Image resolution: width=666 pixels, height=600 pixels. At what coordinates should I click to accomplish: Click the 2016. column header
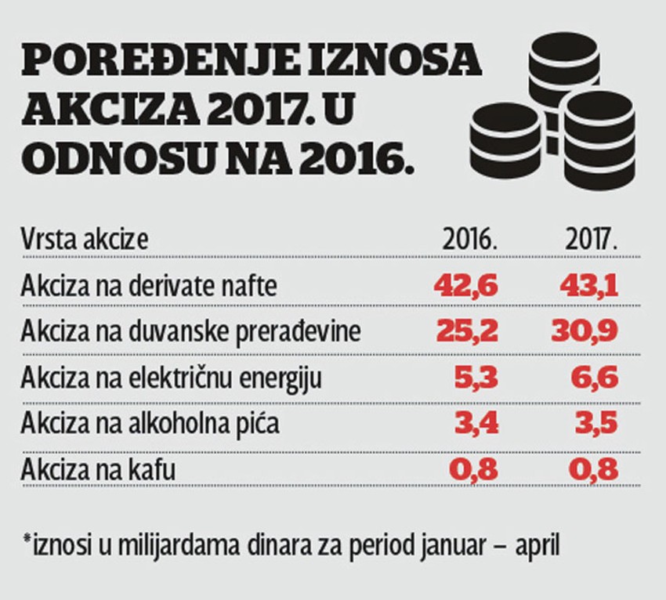pos(470,239)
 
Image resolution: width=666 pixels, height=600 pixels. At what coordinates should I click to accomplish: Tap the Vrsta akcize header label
pos(85,239)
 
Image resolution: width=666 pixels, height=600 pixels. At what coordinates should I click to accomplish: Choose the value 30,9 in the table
pos(588,331)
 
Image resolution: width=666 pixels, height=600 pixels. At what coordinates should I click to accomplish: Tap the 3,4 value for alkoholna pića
pos(476,424)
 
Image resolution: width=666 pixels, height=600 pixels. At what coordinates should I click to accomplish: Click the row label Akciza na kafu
pos(99,470)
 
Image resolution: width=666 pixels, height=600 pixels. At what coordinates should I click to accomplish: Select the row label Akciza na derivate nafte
pos(150,285)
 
